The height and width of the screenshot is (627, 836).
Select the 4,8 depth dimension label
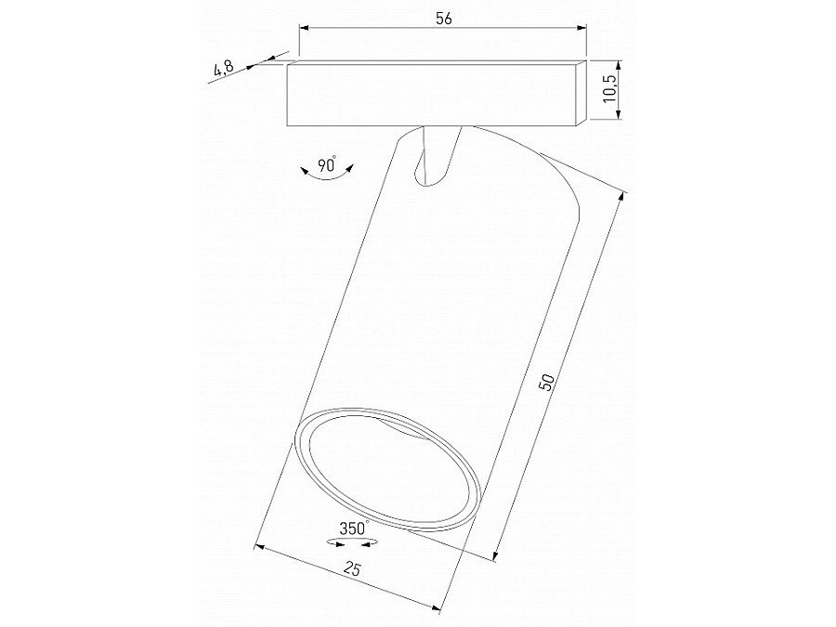coord(223,68)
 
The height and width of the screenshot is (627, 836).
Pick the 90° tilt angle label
coord(326,165)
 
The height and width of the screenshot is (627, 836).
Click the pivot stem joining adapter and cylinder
coord(438,153)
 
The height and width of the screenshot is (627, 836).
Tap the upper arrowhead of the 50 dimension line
coord(623,196)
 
